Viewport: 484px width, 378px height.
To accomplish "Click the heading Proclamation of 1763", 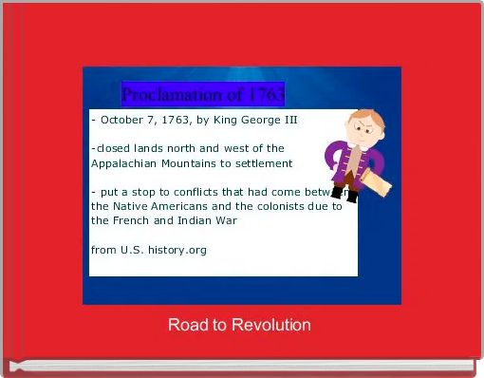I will pyautogui.click(x=202, y=95).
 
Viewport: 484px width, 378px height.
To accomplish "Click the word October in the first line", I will pyautogui.click(x=122, y=121).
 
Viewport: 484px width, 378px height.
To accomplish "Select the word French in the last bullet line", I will pyautogui.click(x=128, y=219).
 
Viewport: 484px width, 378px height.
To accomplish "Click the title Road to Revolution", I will pyautogui.click(x=239, y=325).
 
